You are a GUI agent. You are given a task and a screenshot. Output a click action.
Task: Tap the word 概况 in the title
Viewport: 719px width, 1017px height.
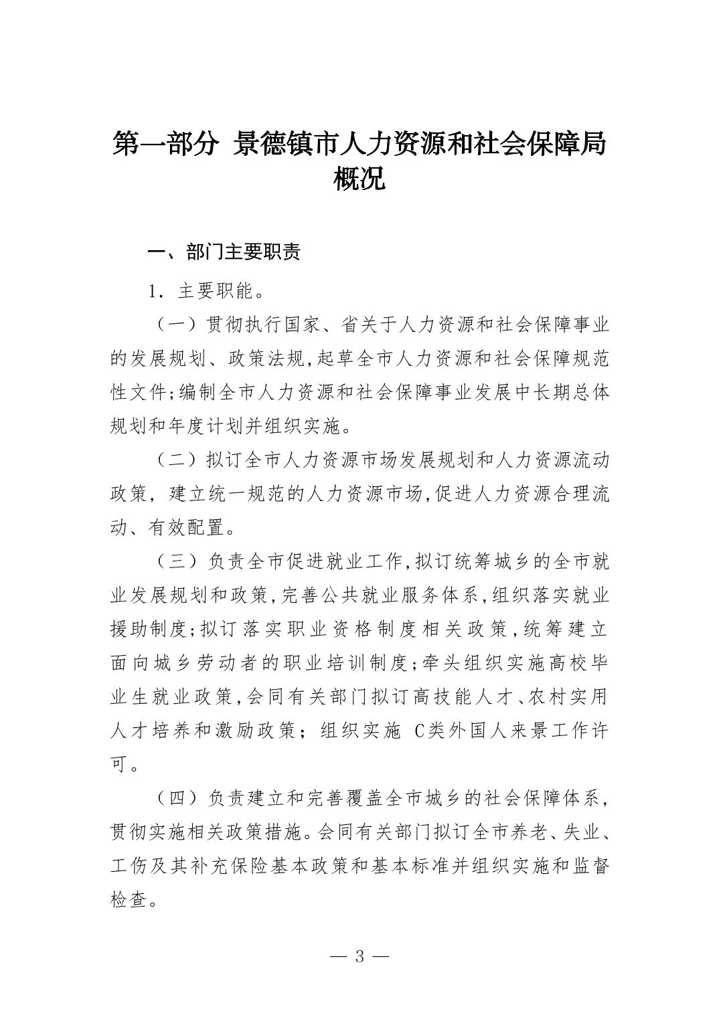point(359,179)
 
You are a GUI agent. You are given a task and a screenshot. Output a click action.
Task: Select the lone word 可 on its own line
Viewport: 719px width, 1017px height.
point(118,764)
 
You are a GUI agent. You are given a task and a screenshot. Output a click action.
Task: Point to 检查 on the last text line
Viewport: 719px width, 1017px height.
point(128,900)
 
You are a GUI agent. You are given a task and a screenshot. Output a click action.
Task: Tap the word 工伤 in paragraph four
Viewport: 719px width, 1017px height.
point(128,866)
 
